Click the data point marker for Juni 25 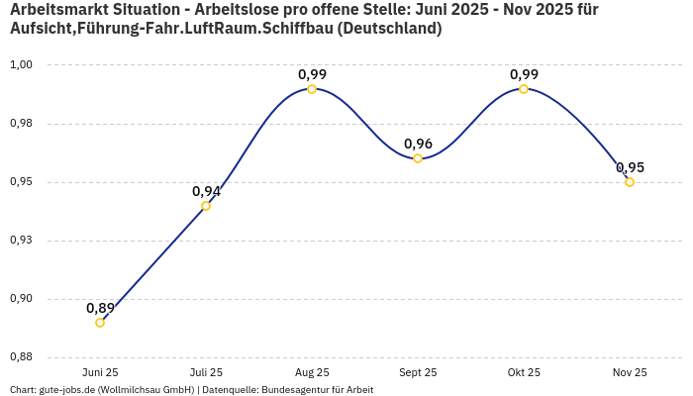pyautogui.click(x=100, y=323)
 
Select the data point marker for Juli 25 pyautogui.click(x=206, y=206)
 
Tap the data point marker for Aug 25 pyautogui.click(x=312, y=89)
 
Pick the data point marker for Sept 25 pyautogui.click(x=418, y=158)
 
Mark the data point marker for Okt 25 pyautogui.click(x=524, y=89)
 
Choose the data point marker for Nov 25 pyautogui.click(x=630, y=182)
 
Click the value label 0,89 pyautogui.click(x=100, y=308)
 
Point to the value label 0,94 pyautogui.click(x=206, y=191)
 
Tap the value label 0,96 pyautogui.click(x=418, y=144)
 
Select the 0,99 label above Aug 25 pyautogui.click(x=312, y=74)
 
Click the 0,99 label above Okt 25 pyautogui.click(x=524, y=74)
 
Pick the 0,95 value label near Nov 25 pyautogui.click(x=630, y=167)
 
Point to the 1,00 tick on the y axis pyautogui.click(x=21, y=65)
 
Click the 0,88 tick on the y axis pyautogui.click(x=21, y=357)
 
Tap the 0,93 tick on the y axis pyautogui.click(x=21, y=241)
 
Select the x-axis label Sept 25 pyautogui.click(x=418, y=372)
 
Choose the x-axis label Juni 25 pyautogui.click(x=100, y=372)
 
